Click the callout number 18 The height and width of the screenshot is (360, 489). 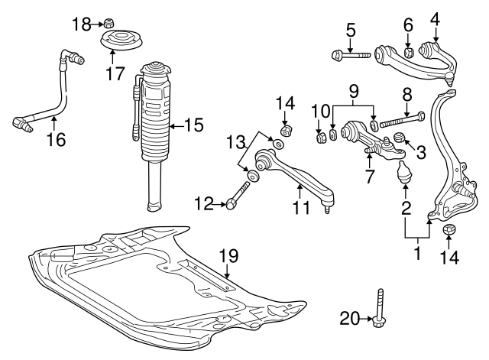82,24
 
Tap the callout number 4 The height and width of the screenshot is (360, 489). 435,17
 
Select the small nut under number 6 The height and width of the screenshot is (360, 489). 409,52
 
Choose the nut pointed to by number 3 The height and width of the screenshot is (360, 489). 398,139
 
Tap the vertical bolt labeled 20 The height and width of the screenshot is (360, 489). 379,312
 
